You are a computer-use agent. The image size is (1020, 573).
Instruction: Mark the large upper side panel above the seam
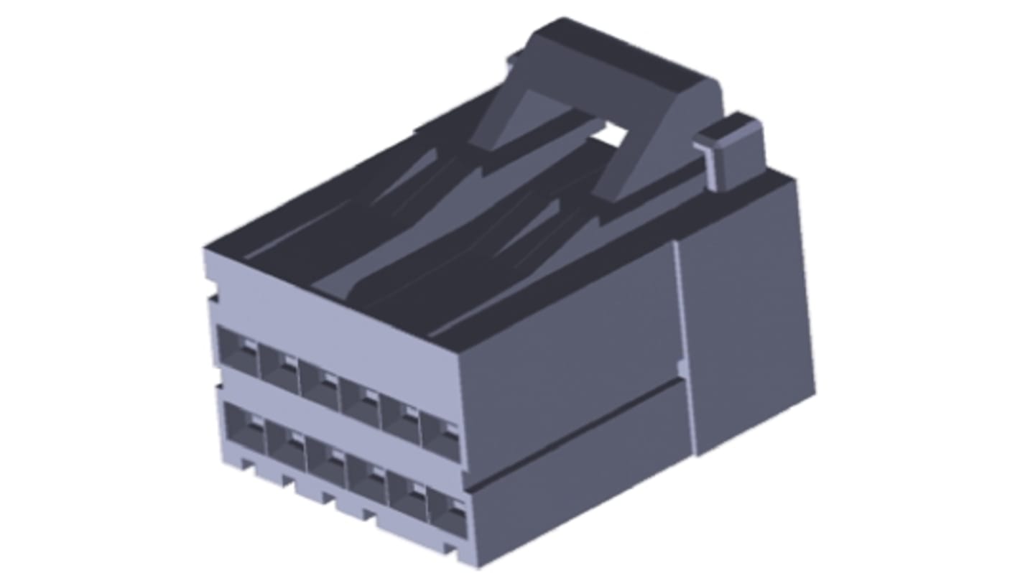click(567, 345)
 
